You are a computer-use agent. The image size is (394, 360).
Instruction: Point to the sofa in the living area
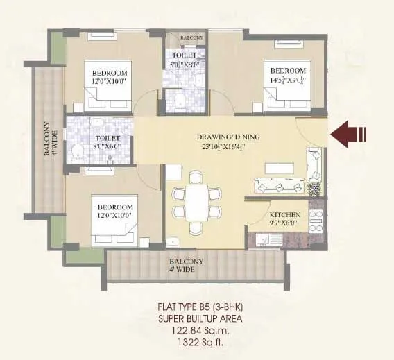277,185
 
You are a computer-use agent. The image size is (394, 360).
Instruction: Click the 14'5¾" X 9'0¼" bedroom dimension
288,80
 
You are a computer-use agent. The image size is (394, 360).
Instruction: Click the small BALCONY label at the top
190,38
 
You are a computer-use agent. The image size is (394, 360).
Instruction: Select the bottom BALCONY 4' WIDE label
187,264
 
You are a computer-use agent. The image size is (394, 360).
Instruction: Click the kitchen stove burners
316,220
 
